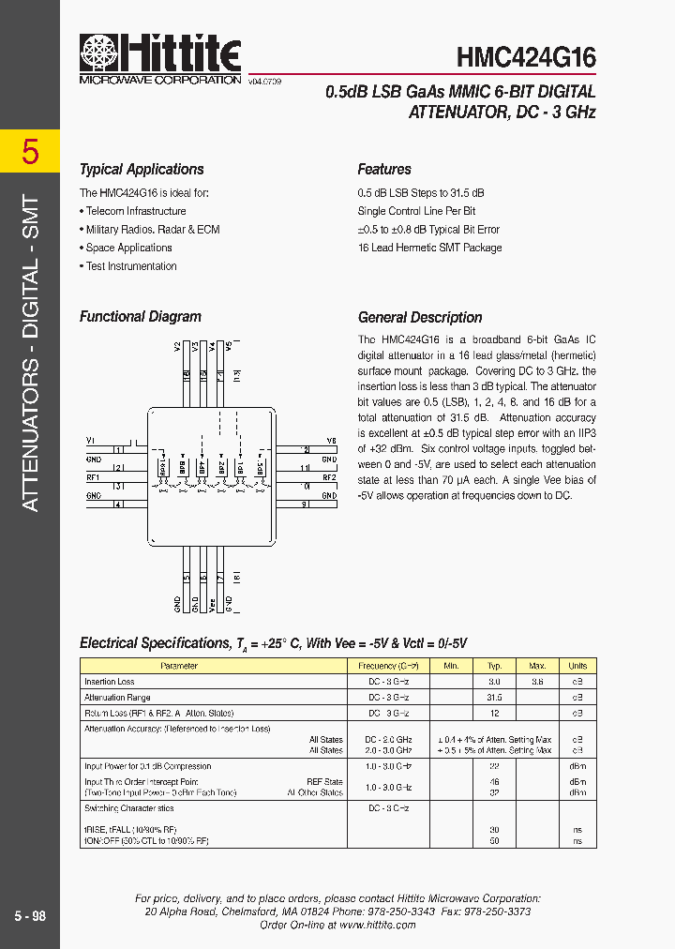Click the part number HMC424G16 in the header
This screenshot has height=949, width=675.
click(x=526, y=57)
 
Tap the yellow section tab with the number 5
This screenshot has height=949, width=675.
click(x=30, y=151)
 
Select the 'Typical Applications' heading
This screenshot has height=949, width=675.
click(x=142, y=170)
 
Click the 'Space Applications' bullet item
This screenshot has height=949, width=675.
click(x=128, y=248)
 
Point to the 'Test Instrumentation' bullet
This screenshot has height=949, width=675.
click(x=131, y=266)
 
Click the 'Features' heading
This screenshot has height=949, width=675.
click(x=384, y=170)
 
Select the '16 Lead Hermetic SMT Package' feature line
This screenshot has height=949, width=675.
click(x=429, y=248)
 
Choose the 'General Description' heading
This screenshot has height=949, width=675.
click(x=420, y=318)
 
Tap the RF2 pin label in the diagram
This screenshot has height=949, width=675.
click(x=329, y=476)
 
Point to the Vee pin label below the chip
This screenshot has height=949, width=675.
click(x=212, y=604)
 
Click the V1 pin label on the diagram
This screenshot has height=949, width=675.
click(x=91, y=440)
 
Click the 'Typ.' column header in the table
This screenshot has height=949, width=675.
click(x=495, y=666)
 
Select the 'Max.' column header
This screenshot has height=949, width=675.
click(x=537, y=666)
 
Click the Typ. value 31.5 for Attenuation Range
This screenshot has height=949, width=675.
click(x=495, y=698)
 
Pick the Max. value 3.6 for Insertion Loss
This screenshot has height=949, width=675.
click(x=537, y=682)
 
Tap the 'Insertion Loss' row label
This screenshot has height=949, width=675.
click(x=110, y=682)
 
